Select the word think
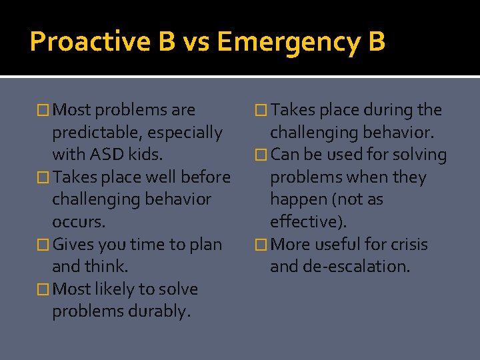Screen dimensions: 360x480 click(x=107, y=267)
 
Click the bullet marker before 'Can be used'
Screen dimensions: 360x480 click(x=261, y=155)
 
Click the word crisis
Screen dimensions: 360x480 click(x=407, y=245)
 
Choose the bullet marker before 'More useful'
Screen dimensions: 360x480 click(x=261, y=245)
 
